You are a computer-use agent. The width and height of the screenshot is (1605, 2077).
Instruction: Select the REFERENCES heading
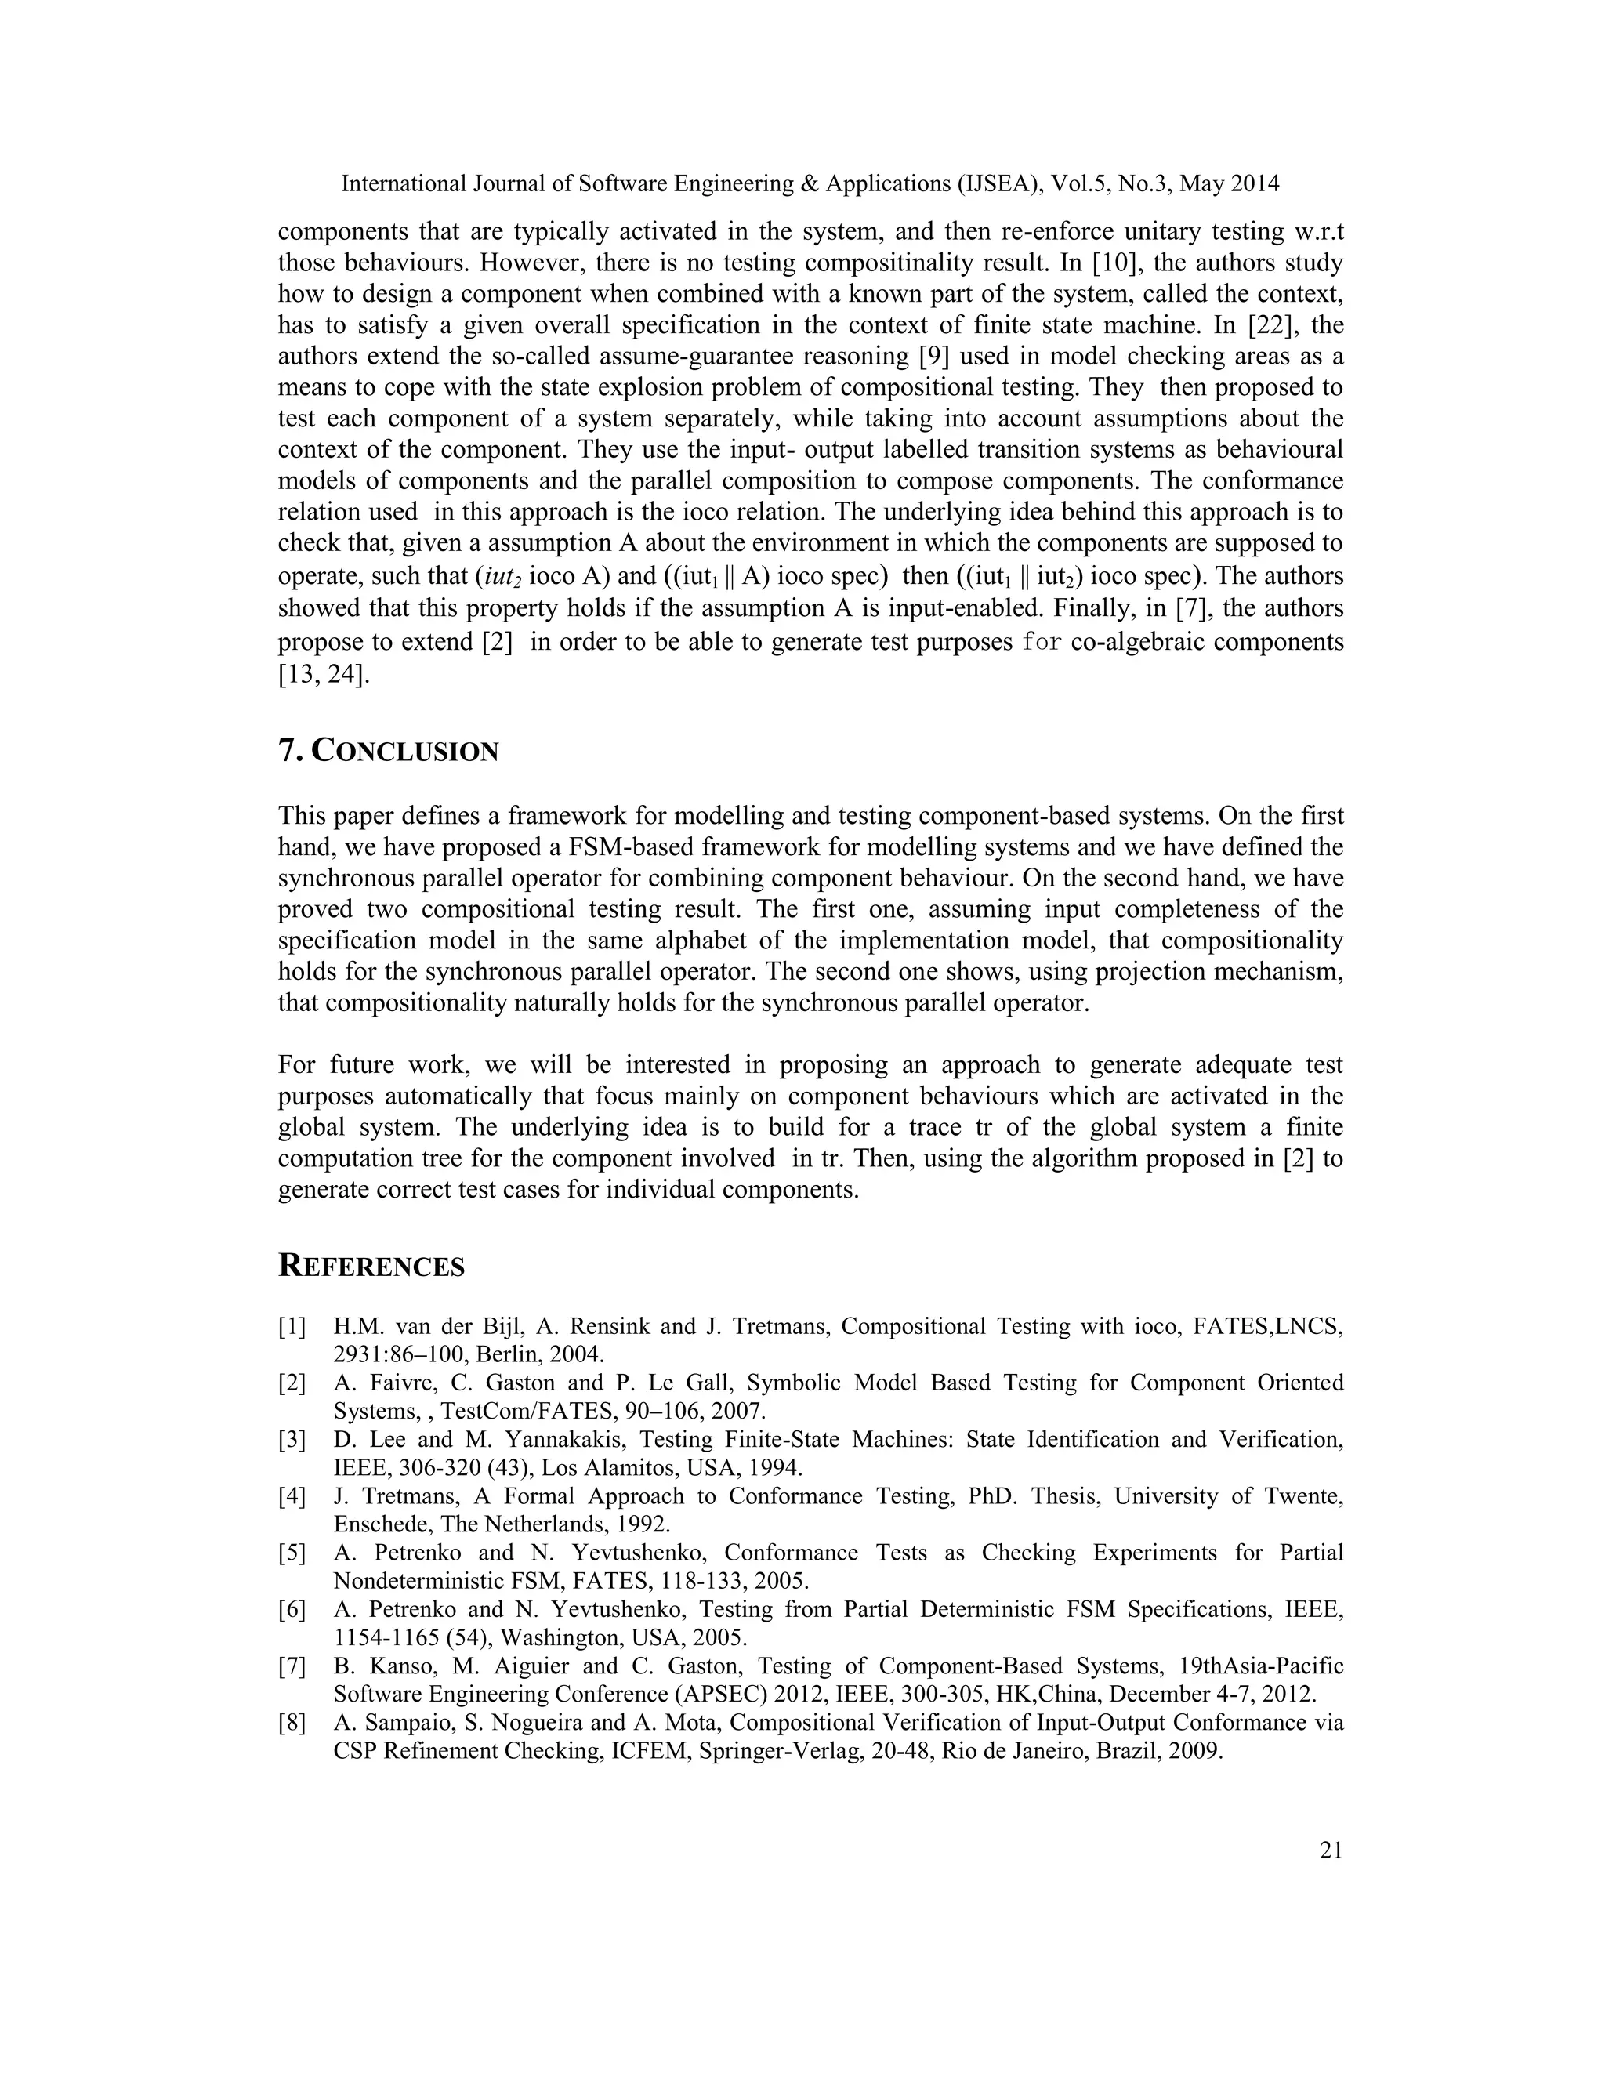click(x=371, y=1267)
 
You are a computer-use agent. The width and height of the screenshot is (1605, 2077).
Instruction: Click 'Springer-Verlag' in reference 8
click(x=766, y=1751)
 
